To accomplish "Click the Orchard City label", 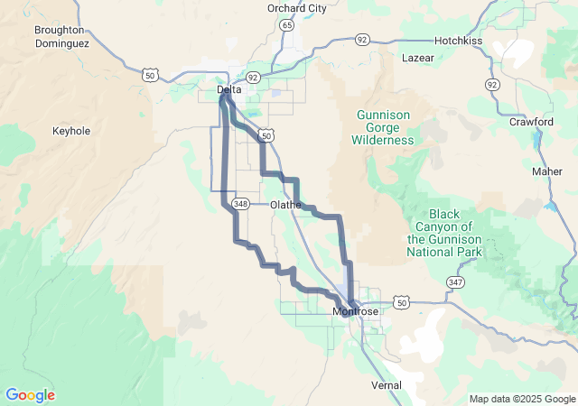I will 296,8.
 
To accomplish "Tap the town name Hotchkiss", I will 461,41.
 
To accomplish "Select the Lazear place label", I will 417,58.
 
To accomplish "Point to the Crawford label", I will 531,121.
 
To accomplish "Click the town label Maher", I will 546,171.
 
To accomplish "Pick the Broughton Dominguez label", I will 60,36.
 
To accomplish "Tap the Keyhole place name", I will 71,131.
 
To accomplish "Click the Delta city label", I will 229,90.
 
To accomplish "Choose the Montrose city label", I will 356,311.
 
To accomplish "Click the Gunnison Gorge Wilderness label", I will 385,127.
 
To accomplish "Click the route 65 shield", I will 286,25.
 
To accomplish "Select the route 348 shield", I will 240,204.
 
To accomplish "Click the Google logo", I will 30,395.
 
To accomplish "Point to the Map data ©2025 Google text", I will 521,399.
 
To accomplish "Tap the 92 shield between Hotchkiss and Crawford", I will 492,84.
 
